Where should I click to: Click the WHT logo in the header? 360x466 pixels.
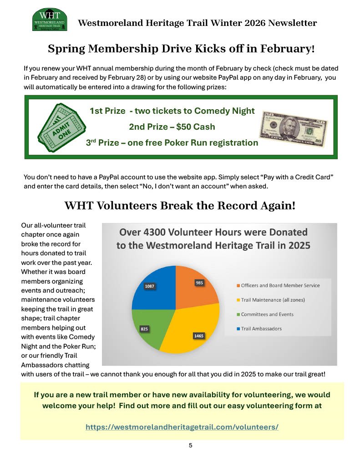[x=50, y=20]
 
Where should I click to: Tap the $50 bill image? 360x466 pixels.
[x=294, y=126]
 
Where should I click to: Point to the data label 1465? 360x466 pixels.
[x=198, y=336]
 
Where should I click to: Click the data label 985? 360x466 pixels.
[x=199, y=283]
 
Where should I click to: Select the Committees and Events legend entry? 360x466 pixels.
[x=267, y=314]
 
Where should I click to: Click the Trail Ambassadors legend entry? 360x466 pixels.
[x=262, y=329]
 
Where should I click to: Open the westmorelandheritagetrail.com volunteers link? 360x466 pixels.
[x=182, y=427]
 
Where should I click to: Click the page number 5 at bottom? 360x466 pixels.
[x=191, y=445]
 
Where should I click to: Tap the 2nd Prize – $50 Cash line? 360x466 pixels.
[x=172, y=127]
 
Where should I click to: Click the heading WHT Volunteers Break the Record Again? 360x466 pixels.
[x=180, y=206]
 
